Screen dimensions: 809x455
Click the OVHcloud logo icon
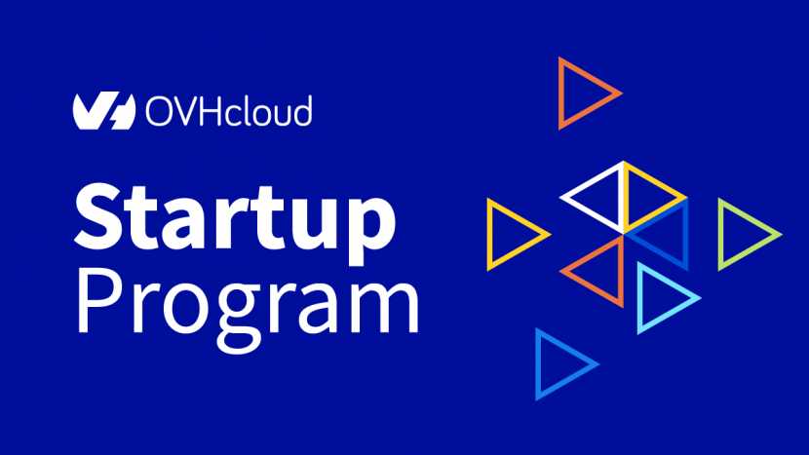103,110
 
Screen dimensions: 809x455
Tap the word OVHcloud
228,110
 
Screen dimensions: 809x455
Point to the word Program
249,309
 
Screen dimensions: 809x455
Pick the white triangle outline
594,211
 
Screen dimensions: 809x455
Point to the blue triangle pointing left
684,235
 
